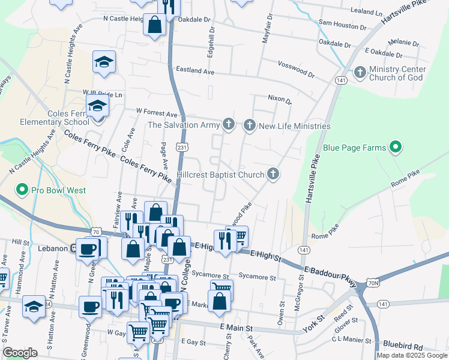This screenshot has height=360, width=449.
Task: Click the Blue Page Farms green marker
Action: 395,147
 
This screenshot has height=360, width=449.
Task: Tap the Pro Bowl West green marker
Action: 22,191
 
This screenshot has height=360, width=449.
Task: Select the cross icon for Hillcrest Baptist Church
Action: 273,175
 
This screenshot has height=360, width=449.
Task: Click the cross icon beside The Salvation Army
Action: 228,125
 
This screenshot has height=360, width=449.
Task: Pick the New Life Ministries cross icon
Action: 249,126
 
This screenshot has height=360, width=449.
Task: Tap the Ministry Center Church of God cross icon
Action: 360,73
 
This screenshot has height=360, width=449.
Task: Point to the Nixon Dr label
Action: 279,99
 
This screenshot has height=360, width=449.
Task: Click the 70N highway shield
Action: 373,282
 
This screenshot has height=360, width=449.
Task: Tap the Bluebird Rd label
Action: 405,347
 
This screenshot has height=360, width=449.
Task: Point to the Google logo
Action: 20,353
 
